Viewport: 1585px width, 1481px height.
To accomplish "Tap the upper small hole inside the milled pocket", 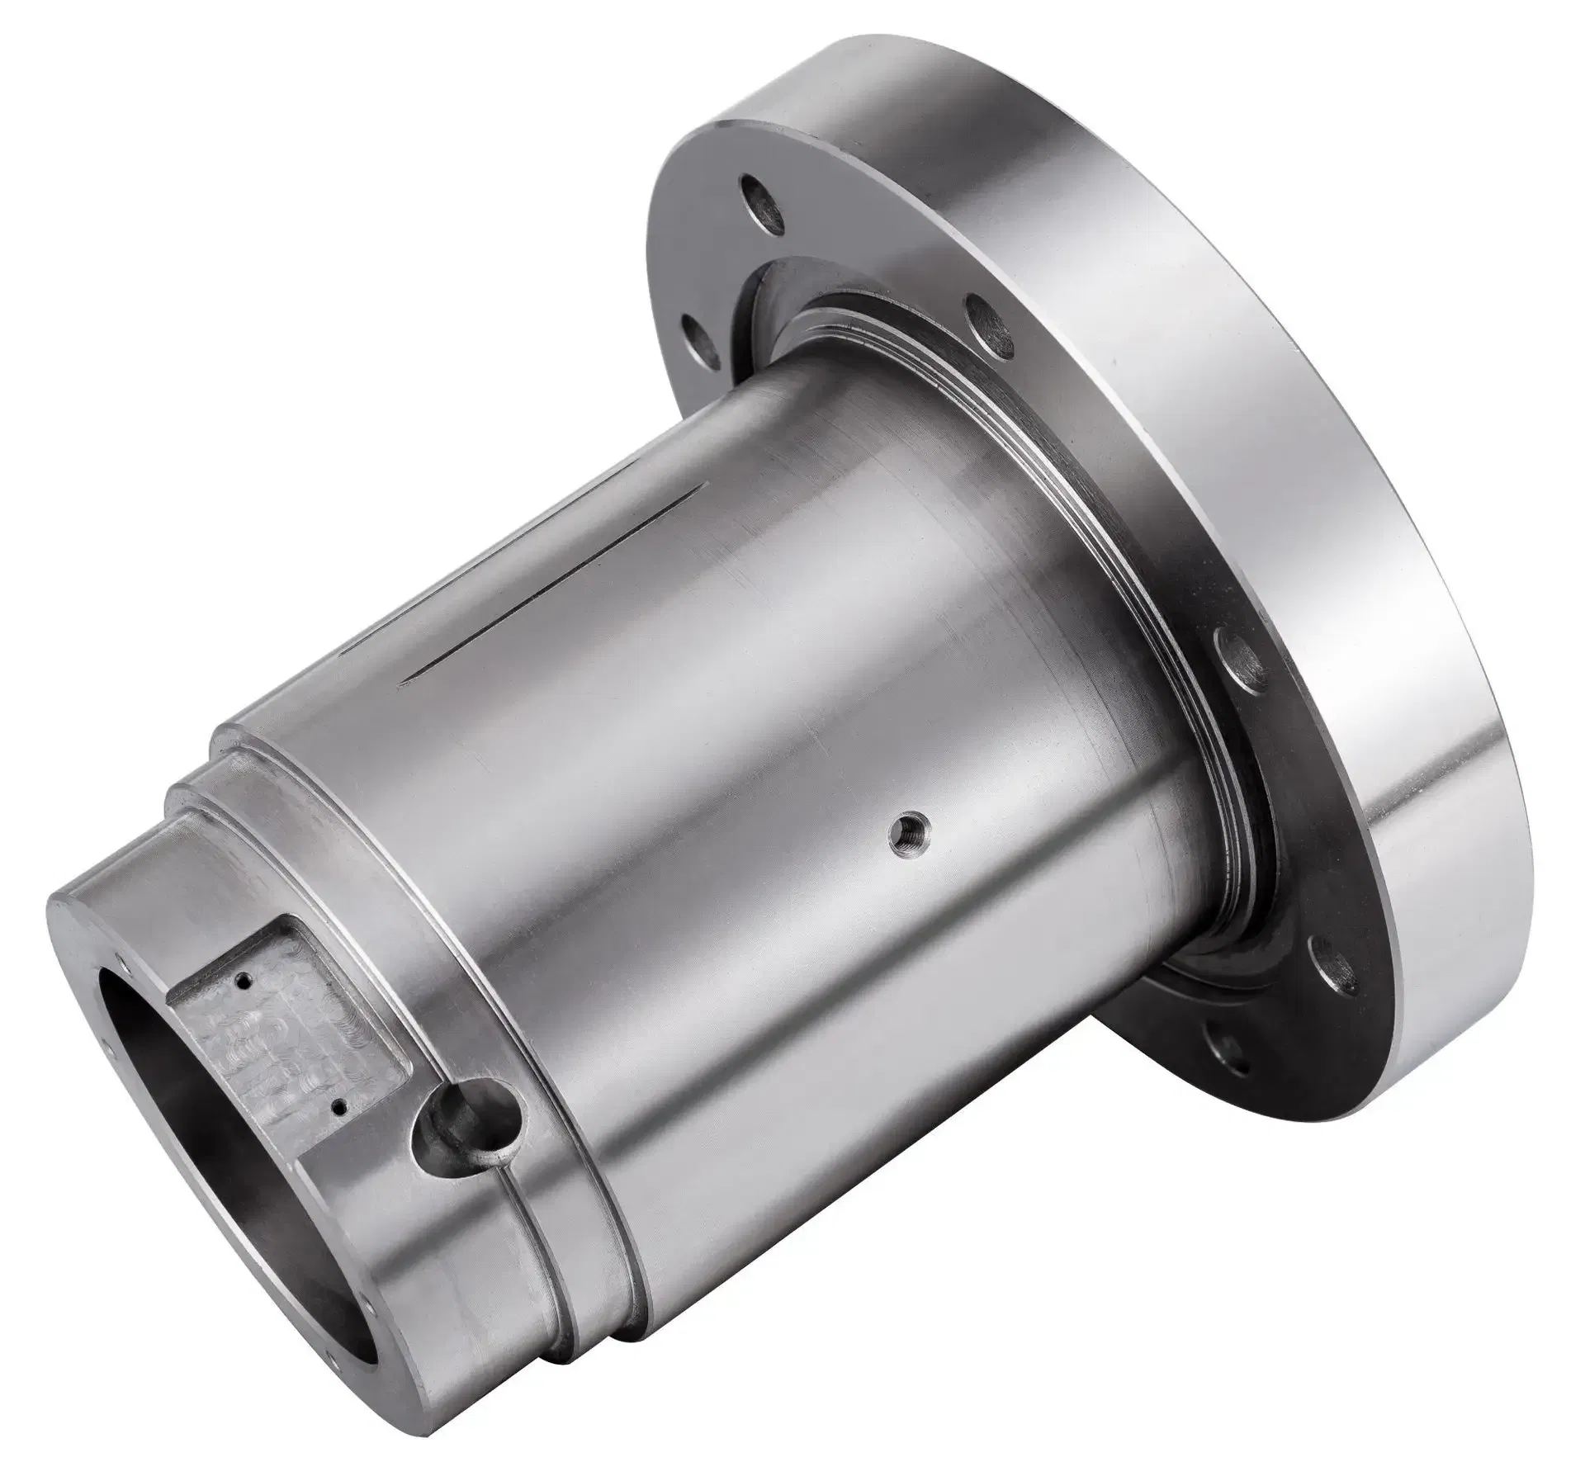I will pyautogui.click(x=241, y=982).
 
